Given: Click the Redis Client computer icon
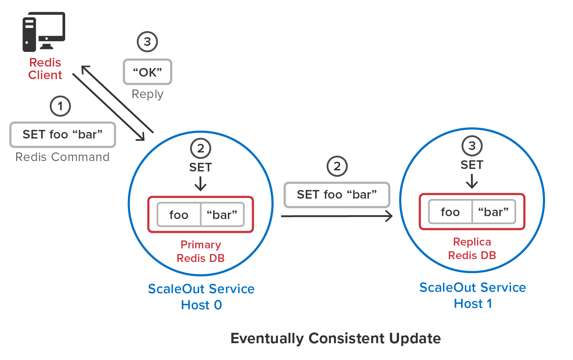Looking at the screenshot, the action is tap(44, 32).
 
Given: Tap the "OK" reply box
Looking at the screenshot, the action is tap(147, 72).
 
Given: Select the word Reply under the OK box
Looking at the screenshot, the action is tap(147, 94).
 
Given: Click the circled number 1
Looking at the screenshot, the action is tap(60, 106).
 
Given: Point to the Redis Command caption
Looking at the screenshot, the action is tap(62, 157).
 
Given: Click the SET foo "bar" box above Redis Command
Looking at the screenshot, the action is tap(63, 135).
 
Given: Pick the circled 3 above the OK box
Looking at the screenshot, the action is tap(147, 42).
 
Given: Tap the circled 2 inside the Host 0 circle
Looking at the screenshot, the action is tap(201, 148).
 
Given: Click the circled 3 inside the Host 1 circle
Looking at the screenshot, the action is tap(472, 146).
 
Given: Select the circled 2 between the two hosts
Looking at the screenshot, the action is tap(337, 166).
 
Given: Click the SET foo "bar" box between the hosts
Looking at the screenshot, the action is tap(337, 195).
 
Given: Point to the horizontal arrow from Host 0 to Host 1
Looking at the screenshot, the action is tap(337, 216).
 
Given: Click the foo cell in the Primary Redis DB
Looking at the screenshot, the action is tap(179, 214).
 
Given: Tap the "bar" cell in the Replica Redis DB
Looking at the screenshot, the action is tap(493, 212).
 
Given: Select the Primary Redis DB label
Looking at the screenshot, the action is tap(201, 251).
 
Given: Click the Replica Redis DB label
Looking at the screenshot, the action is tap(472, 248).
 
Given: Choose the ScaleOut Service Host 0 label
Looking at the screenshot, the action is tap(201, 297).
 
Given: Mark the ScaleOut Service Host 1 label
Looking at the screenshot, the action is tap(473, 295).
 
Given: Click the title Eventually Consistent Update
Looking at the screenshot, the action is tap(336, 338).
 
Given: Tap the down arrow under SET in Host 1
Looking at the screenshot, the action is tap(472, 181).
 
